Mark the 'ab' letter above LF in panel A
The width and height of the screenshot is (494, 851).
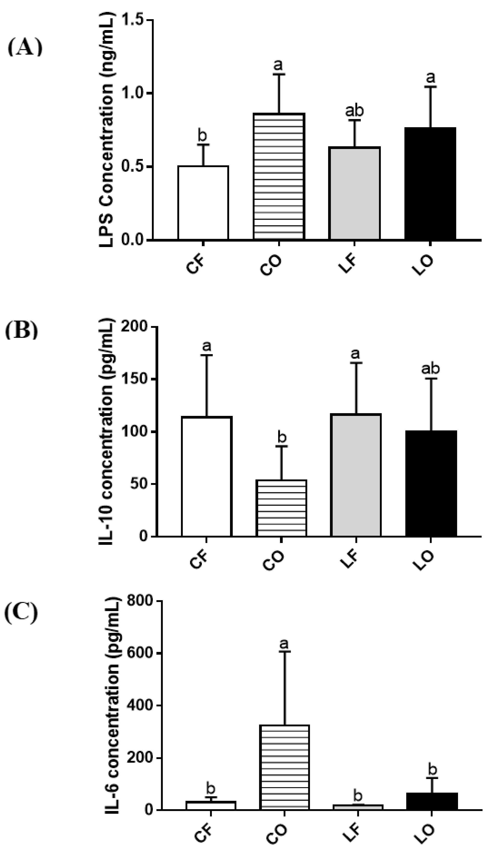[354, 111]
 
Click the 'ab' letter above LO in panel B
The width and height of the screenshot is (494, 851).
[431, 369]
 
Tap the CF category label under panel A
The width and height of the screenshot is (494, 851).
[195, 266]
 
